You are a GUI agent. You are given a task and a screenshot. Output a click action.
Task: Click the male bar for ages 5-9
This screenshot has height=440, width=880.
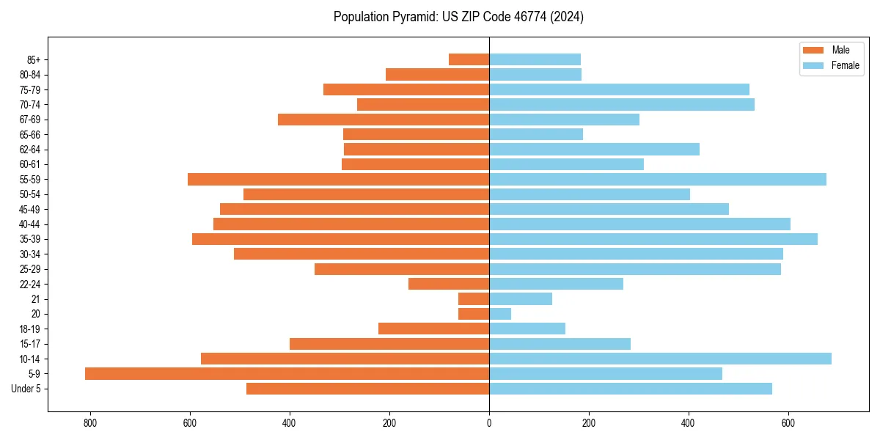(x=287, y=373)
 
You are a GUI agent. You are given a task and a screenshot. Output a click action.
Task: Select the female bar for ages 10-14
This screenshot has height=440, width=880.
(x=660, y=359)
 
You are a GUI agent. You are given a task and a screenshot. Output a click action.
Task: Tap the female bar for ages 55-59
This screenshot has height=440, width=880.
(x=658, y=179)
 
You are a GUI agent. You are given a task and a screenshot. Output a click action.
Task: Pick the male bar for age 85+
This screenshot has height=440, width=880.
(x=469, y=59)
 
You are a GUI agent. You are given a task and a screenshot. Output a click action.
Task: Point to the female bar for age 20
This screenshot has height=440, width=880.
(x=500, y=314)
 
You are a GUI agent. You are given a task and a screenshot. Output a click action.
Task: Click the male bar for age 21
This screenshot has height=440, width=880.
(x=474, y=298)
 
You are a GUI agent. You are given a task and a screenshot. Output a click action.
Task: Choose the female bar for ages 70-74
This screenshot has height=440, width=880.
(x=622, y=104)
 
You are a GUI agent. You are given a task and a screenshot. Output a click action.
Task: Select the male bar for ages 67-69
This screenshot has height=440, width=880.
(x=384, y=120)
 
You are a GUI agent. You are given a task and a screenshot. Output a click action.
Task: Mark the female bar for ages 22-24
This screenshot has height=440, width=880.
(x=556, y=284)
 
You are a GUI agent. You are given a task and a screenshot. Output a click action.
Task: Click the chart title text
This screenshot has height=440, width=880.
(x=458, y=17)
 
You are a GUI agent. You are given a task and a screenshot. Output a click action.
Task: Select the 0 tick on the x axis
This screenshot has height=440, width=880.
(x=489, y=423)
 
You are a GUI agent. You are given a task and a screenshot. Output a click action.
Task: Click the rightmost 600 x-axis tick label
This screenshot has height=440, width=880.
(x=788, y=423)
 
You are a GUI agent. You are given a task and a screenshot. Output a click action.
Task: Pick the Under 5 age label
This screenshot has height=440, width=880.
(x=26, y=389)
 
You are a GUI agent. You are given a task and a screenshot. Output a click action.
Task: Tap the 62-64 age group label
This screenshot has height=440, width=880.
(x=29, y=150)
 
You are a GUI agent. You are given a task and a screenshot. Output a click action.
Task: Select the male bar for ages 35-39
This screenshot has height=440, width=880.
(x=340, y=239)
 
